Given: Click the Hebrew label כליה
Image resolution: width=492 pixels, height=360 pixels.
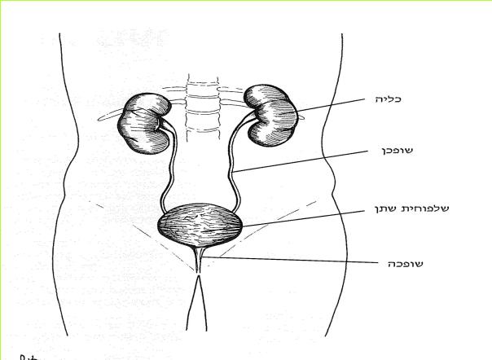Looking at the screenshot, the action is click(388, 99).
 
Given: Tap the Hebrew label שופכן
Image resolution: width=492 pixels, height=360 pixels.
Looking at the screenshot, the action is click(397, 151).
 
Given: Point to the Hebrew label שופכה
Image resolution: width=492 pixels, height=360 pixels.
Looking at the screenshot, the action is click(406, 264).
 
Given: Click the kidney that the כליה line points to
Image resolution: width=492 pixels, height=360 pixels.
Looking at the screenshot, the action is click(270, 116).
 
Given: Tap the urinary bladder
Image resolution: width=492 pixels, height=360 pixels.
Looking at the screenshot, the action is click(200, 224).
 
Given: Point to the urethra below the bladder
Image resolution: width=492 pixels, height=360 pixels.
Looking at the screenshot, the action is click(199, 260).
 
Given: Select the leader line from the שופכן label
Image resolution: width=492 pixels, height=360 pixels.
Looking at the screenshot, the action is click(300, 161).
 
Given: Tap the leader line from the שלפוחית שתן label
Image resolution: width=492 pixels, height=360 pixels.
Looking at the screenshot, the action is click(303, 218).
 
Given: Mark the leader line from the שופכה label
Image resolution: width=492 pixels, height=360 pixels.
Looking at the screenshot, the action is click(290, 260).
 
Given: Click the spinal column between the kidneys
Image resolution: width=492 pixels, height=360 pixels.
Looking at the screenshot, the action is click(202, 107).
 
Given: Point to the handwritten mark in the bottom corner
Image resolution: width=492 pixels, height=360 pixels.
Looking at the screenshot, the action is click(29, 358).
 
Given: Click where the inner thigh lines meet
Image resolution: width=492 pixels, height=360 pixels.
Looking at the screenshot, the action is click(198, 276).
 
